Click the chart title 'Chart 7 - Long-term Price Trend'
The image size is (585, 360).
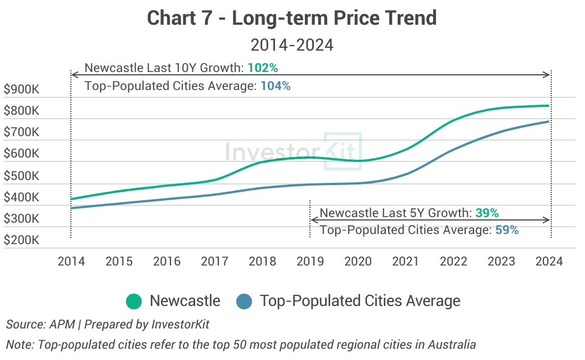292,18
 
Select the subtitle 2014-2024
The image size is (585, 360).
292,44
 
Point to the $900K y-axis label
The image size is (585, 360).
21,89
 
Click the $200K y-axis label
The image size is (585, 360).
21,241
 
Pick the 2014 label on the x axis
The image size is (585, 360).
71,262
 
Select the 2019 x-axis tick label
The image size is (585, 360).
310,262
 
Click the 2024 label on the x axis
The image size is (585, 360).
549,262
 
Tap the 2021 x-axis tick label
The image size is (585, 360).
406,262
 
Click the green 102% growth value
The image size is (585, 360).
263,68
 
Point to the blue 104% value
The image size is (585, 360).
276,86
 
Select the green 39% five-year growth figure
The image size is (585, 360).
487,213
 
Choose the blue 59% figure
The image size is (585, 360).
507,229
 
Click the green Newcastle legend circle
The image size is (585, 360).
134,301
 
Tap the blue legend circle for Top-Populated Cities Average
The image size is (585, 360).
244,301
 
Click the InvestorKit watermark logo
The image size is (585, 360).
293,151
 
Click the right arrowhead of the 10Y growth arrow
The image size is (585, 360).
547,75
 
